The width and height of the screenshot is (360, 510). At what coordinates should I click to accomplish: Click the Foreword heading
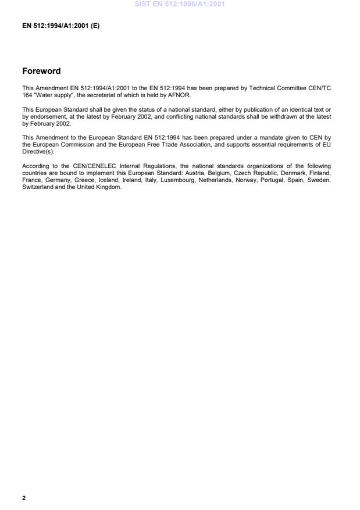click(41, 72)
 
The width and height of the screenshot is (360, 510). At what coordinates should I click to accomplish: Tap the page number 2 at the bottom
click(24, 498)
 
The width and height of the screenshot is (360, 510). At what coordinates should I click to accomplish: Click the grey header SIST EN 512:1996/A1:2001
click(180, 5)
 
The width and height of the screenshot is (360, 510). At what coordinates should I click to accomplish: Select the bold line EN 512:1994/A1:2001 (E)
click(60, 26)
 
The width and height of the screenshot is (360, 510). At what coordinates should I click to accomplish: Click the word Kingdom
click(108, 186)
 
